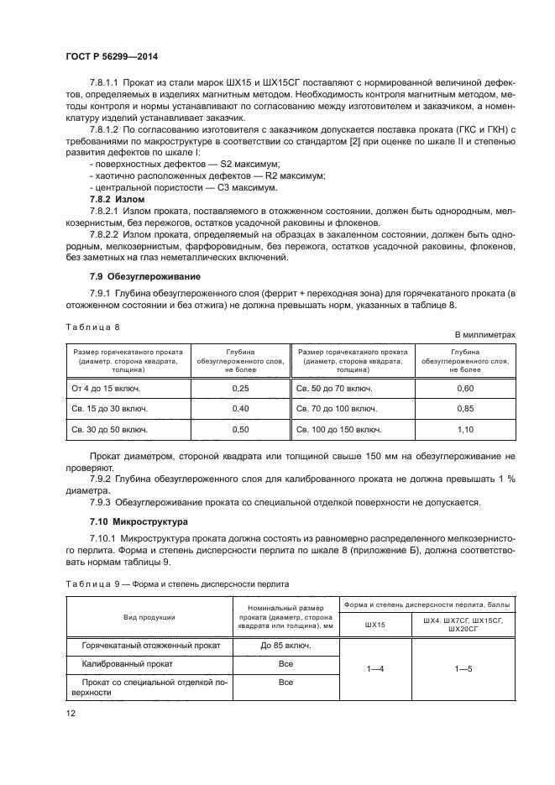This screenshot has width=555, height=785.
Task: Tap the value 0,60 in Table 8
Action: pyautogui.click(x=464, y=389)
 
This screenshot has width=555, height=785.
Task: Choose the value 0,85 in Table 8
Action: pyautogui.click(x=464, y=409)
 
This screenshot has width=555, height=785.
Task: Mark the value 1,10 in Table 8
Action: pyautogui.click(x=464, y=429)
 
